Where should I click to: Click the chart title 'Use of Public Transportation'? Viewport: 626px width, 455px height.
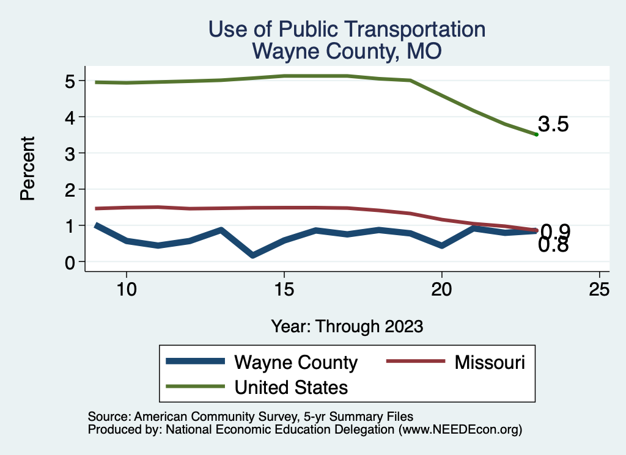347,29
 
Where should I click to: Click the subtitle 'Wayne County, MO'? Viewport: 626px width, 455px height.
347,51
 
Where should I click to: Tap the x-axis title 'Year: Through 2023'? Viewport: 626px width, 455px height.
347,326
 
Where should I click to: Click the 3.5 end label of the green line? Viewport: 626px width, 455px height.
554,125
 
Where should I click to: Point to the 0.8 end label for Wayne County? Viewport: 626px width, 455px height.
554,246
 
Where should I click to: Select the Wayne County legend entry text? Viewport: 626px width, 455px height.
296,362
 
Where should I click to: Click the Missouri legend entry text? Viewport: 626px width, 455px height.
490,362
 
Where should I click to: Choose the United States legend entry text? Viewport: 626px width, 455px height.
292,387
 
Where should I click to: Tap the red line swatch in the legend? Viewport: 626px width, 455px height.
414,362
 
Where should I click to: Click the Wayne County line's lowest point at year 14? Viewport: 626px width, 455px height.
252,255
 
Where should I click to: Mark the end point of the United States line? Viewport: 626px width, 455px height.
536,134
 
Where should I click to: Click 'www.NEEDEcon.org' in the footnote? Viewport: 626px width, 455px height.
458,429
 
